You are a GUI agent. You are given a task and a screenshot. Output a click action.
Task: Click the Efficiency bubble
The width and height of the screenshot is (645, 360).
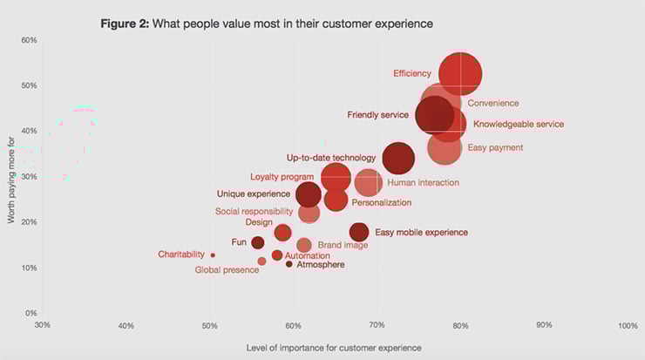click(460, 74)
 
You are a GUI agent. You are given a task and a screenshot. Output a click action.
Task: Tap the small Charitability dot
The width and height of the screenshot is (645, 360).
click(213, 255)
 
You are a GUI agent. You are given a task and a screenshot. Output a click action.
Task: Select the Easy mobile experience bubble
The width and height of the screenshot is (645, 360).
click(359, 232)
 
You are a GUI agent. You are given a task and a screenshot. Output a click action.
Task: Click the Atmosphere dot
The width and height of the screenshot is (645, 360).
click(289, 264)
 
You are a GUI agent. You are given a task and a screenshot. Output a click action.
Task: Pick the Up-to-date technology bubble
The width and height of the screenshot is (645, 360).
click(398, 159)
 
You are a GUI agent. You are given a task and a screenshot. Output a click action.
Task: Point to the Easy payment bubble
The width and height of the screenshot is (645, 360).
click(445, 147)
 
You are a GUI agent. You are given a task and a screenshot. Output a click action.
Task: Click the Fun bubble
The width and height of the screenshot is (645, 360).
click(258, 242)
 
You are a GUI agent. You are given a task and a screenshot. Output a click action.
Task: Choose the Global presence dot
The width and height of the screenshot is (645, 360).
click(261, 262)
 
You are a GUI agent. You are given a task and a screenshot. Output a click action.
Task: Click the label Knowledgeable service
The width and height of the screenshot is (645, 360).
click(518, 124)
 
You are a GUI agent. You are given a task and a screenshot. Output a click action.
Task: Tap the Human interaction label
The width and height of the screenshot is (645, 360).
click(423, 183)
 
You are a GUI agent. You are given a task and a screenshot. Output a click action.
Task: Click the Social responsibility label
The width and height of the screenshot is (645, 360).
click(255, 211)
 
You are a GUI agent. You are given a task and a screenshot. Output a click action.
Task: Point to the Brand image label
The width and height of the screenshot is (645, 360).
click(343, 245)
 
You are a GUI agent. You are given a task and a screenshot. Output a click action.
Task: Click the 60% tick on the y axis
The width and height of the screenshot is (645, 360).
click(28, 40)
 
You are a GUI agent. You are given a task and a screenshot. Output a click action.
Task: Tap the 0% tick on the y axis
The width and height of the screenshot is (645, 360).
click(31, 312)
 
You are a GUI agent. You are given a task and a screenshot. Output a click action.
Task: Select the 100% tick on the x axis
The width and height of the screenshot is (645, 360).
click(628, 325)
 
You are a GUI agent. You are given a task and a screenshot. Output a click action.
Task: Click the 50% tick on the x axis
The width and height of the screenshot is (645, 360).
click(209, 325)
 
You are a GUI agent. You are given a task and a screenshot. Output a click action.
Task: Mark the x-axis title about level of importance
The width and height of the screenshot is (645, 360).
click(335, 348)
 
